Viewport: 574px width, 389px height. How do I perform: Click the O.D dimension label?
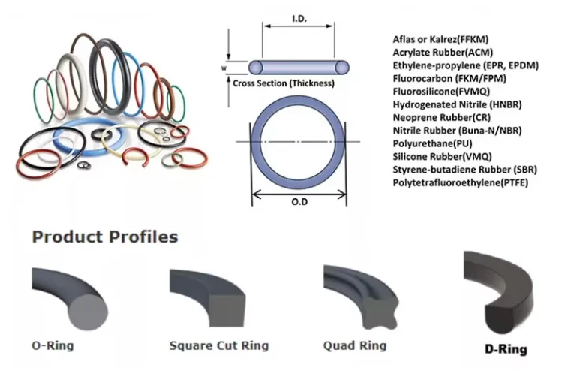[299, 201]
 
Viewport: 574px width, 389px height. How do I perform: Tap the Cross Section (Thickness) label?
[283, 83]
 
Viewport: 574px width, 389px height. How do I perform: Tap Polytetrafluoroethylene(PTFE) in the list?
[460, 182]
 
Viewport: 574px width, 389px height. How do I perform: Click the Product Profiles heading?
[104, 237]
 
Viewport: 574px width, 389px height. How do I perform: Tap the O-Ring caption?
[53, 346]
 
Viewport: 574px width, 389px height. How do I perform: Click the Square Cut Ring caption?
[218, 346]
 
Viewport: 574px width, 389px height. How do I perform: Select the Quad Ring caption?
[355, 345]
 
